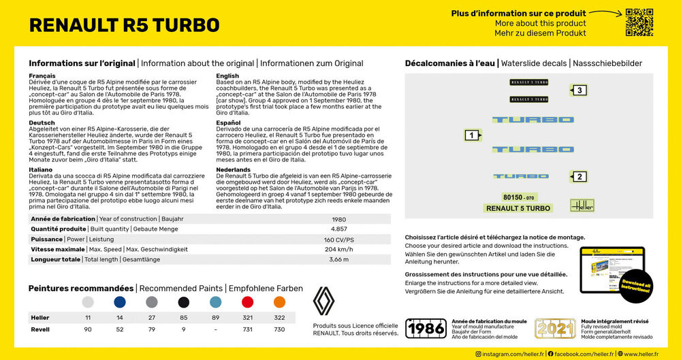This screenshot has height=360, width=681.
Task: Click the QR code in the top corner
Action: pyautogui.click(x=639, y=22)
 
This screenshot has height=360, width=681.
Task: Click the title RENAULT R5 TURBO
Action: pyautogui.click(x=124, y=25)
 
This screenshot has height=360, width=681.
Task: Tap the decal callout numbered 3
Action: pyautogui.click(x=578, y=91)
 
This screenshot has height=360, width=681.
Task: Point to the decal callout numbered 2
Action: pyautogui.click(x=578, y=177)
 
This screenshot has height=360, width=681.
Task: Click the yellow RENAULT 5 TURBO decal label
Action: pyautogui.click(x=518, y=208)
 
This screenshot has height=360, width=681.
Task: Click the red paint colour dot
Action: pyautogui.click(x=248, y=302)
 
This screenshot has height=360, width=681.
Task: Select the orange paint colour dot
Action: pyautogui.click(x=279, y=302)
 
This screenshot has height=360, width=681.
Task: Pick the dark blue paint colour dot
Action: pyautogui.click(x=120, y=302)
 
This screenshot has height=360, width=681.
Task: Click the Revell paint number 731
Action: pyautogui.click(x=248, y=329)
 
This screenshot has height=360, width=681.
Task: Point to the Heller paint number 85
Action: pyautogui.click(x=183, y=318)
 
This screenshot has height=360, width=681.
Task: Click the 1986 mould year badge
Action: pyautogui.click(x=426, y=328)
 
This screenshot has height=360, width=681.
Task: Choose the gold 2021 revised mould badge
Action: pyautogui.click(x=555, y=328)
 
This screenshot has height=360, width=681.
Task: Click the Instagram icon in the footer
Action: pyautogui.click(x=478, y=354)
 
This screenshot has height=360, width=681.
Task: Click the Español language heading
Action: pyautogui.click(x=228, y=122)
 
